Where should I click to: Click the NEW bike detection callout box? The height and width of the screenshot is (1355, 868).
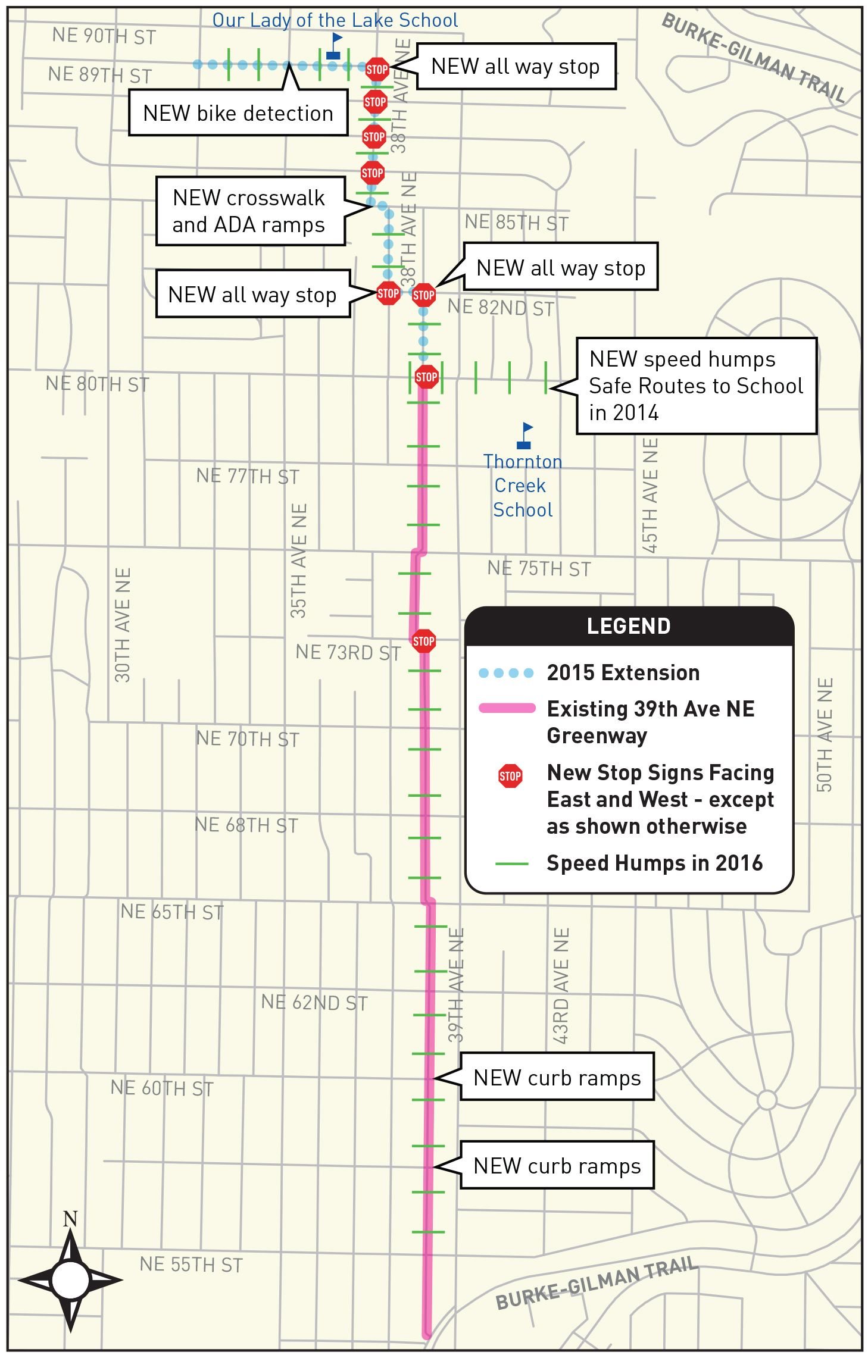click(238, 113)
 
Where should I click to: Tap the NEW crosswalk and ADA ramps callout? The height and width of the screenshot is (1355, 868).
click(250, 211)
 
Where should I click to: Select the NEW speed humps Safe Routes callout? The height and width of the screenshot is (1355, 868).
click(696, 386)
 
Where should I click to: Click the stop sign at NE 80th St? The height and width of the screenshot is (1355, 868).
click(426, 377)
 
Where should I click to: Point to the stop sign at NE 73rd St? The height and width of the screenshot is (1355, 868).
click(424, 641)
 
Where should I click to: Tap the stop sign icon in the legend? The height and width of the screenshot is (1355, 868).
click(510, 776)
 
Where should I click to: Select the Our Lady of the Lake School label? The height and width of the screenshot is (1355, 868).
click(335, 20)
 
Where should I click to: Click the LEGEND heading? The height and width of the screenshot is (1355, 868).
click(629, 626)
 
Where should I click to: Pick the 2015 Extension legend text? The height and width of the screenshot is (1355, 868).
click(623, 672)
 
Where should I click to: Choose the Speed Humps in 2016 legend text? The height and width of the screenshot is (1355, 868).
click(654, 863)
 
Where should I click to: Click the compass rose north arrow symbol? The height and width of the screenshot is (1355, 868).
click(70, 1279)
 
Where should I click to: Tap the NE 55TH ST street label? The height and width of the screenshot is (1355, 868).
click(191, 1265)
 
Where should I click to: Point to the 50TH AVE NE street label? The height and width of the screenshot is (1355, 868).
click(825, 735)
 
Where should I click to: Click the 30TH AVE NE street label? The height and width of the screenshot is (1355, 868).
click(123, 625)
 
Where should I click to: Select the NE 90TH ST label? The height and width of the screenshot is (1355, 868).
click(104, 36)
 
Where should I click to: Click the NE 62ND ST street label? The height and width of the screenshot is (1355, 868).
click(314, 1003)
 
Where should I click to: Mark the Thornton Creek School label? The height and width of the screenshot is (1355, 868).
click(523, 486)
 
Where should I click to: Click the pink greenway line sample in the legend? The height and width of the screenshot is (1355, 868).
click(507, 708)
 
